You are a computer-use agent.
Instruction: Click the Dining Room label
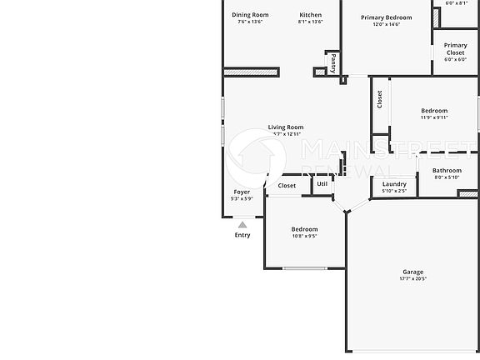point(250,15)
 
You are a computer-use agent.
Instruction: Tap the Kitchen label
point(310,15)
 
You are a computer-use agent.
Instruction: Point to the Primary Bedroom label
point(387,17)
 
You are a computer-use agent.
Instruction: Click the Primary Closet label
point(455,49)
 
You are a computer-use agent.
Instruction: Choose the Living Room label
point(286,127)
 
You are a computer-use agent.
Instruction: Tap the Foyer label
point(242,192)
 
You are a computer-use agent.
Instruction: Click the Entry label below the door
point(242,235)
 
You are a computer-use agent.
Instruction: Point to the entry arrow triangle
point(242,223)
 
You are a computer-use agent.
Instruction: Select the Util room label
point(322,184)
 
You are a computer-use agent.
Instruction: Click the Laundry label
point(394,184)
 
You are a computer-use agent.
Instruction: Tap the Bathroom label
point(447,170)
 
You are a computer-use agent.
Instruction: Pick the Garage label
point(413,272)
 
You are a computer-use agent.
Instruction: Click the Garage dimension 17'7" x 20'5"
point(413,279)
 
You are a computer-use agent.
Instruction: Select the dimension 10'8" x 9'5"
point(304,236)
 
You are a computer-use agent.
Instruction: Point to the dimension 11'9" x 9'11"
point(434,117)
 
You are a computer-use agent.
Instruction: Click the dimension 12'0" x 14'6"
point(387,24)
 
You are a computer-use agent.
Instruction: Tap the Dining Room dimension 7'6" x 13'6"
point(250,22)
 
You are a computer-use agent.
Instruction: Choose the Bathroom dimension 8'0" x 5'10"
point(447,177)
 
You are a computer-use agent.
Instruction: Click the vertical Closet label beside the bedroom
point(380,99)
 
